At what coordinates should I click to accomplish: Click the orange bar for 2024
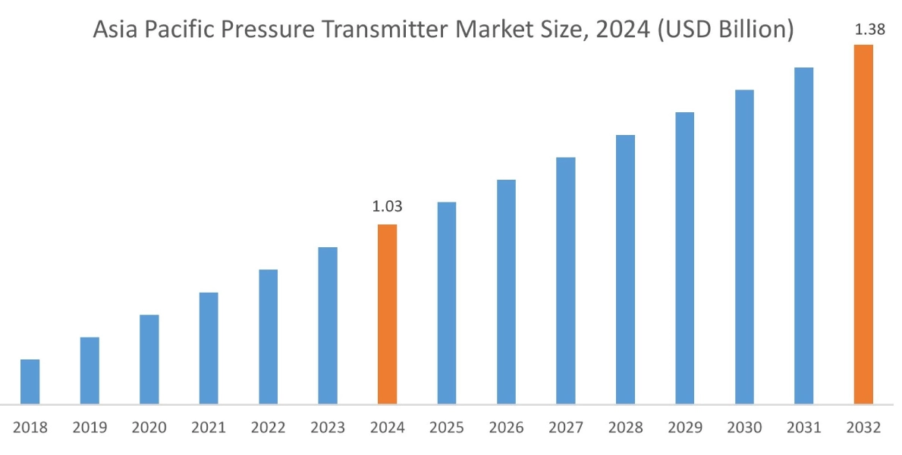(x=387, y=314)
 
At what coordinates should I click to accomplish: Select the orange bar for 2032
(x=863, y=224)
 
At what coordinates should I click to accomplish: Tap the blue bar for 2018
(x=30, y=381)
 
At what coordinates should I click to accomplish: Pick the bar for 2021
(x=209, y=348)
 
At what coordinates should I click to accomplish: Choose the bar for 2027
(x=566, y=281)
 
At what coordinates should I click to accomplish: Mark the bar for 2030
(x=744, y=246)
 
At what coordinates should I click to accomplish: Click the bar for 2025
(x=447, y=303)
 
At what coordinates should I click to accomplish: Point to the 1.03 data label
(x=387, y=206)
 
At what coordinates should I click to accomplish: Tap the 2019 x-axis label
(x=90, y=428)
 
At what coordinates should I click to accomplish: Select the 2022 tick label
(x=269, y=428)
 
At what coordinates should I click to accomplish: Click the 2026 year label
(x=507, y=428)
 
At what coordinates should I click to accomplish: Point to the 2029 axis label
(x=685, y=428)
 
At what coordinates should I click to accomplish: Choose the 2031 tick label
(x=804, y=428)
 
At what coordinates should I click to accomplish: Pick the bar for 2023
(x=328, y=325)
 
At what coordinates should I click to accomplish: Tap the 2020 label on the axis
(x=149, y=428)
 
